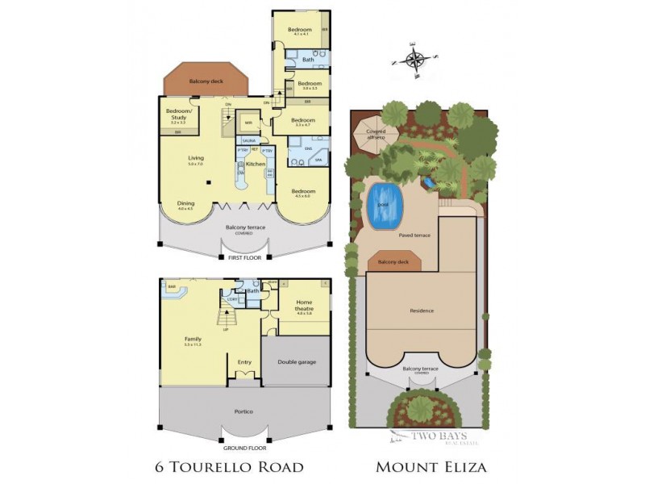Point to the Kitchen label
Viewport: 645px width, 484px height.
coord(256,164)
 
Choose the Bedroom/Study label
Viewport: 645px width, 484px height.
coord(178,113)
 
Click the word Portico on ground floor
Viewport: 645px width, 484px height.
coord(243,411)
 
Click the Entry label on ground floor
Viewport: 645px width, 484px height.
coord(244,362)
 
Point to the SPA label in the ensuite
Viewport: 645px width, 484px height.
coord(318,161)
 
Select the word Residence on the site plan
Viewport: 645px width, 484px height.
coord(421,311)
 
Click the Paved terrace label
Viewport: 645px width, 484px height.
coord(415,236)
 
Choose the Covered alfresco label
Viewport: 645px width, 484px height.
coord(376,134)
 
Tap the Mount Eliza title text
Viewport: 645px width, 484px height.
coord(431,467)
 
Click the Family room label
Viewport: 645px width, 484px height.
coord(192,340)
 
